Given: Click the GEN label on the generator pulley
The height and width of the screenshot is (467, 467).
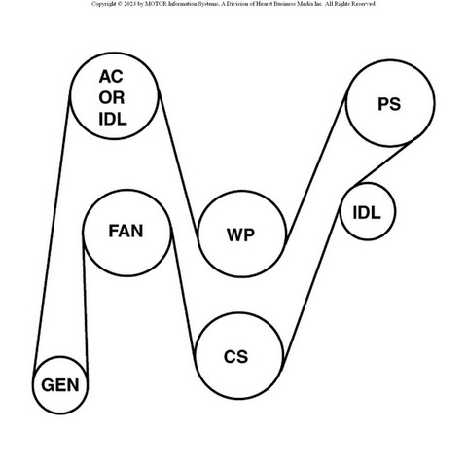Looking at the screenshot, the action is click(x=60, y=385).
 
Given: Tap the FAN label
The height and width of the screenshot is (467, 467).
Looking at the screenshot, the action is click(x=126, y=231).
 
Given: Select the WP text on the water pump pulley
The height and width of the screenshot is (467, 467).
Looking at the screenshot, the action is click(x=240, y=234).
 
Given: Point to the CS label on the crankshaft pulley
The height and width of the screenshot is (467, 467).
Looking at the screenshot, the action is click(x=235, y=356).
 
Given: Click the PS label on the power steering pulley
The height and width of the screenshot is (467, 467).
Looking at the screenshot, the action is click(x=389, y=104).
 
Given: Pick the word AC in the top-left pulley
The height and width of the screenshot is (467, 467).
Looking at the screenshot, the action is click(x=111, y=77).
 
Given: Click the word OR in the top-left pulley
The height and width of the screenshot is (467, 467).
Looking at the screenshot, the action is click(x=112, y=98).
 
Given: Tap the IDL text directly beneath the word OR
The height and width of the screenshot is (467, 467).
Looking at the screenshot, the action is click(x=113, y=120).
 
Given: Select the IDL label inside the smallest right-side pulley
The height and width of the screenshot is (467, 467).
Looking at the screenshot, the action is click(x=367, y=213).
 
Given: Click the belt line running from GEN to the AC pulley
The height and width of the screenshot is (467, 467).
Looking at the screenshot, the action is click(x=52, y=231).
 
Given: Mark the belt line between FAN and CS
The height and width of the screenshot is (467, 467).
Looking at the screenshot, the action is click(x=183, y=294).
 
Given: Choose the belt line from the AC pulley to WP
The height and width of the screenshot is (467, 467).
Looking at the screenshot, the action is click(x=178, y=162).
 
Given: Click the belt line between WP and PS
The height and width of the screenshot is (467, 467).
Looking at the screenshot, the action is click(x=316, y=166).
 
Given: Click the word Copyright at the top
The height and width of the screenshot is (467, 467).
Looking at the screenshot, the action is click(x=104, y=4).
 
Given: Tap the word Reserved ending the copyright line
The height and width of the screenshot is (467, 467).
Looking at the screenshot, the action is click(x=363, y=4).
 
